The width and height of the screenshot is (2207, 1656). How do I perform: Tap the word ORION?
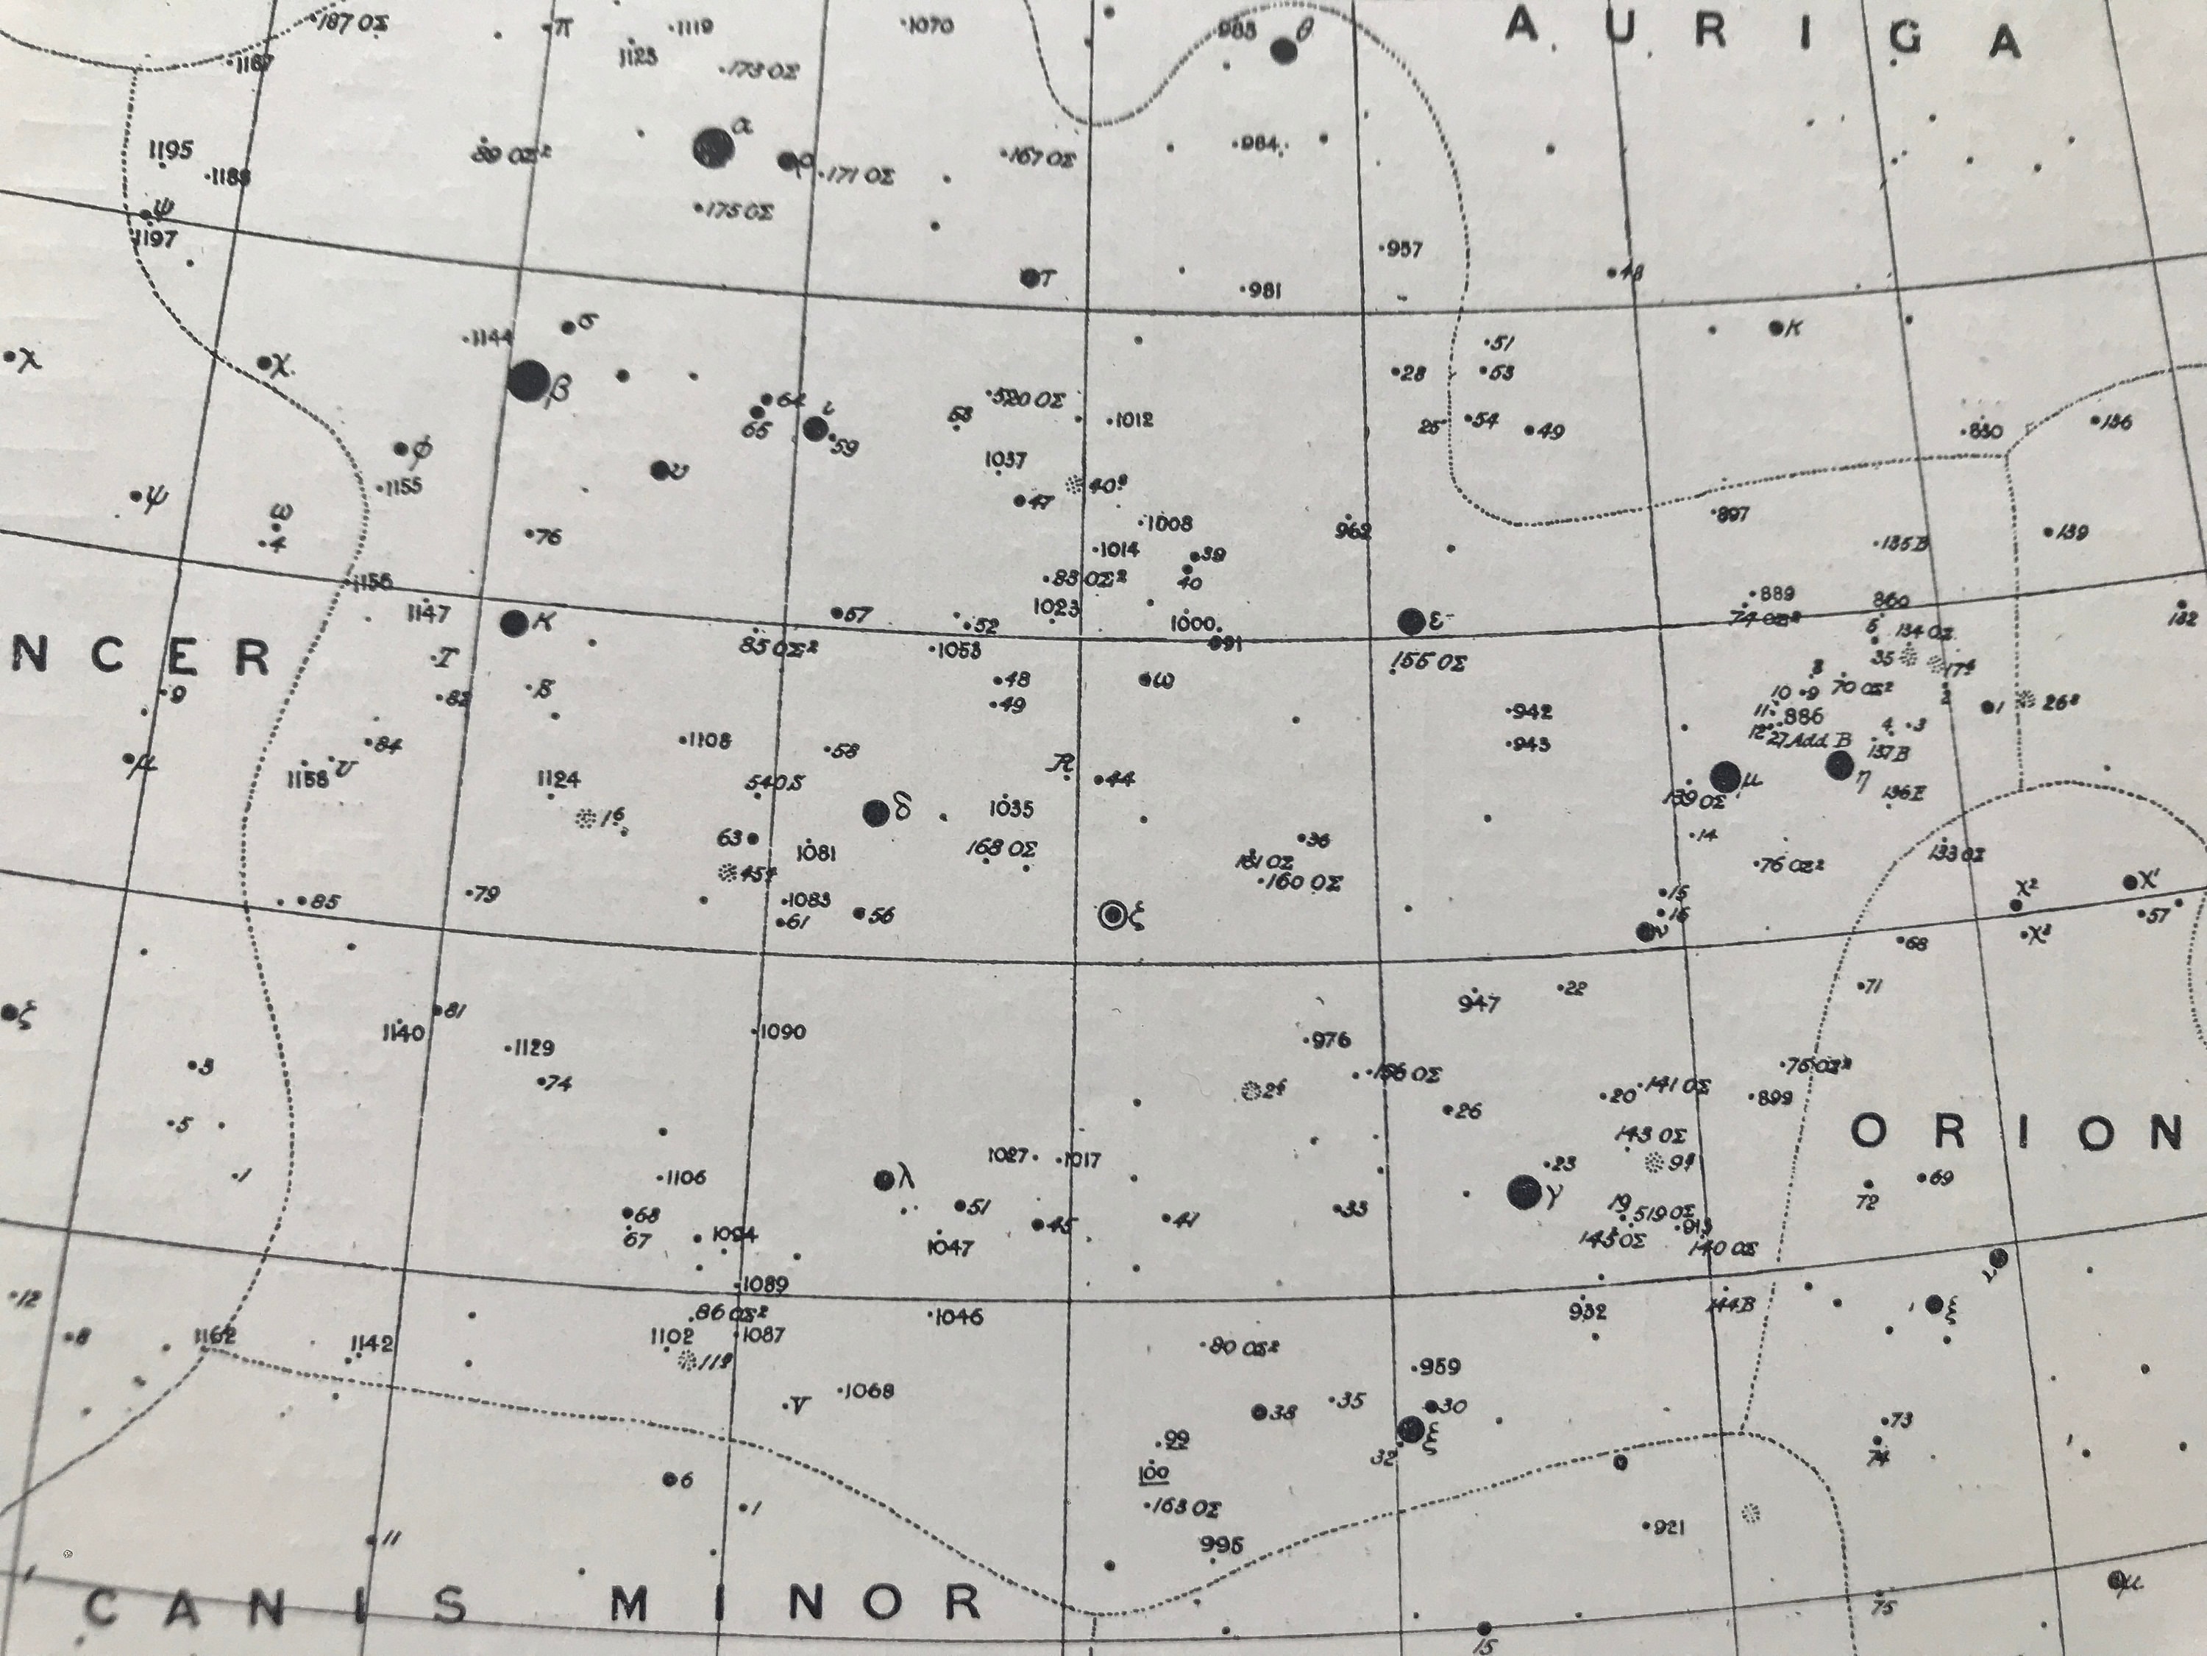[2016, 1133]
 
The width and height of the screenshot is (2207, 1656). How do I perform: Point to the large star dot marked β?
[527, 381]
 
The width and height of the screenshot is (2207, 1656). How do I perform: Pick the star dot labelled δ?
[876, 813]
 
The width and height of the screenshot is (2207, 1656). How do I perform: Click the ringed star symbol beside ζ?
[1112, 914]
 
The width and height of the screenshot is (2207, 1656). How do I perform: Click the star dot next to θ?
[1284, 50]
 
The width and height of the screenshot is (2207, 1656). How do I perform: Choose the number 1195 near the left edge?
[171, 151]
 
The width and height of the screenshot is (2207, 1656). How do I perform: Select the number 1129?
[532, 1048]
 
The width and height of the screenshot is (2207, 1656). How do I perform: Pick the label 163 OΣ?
[1185, 1507]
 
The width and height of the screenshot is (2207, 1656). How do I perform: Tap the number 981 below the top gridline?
[1263, 291]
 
